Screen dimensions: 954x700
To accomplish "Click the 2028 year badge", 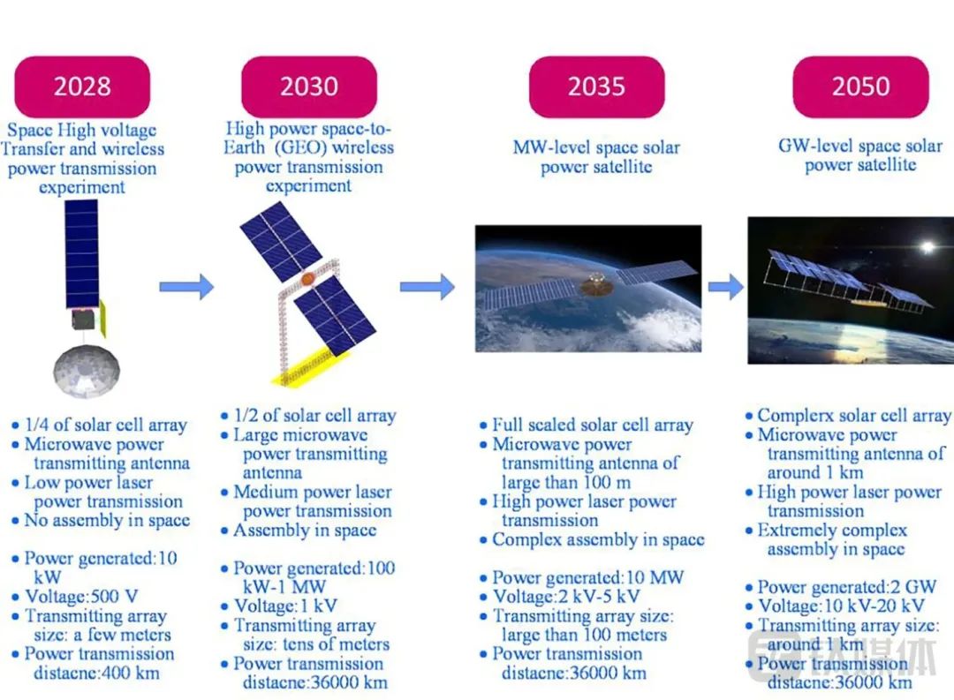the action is (x=82, y=87).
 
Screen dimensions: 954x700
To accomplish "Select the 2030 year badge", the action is (x=309, y=87).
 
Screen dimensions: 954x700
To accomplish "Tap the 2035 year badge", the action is (x=597, y=87).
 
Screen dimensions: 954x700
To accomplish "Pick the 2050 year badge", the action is (x=861, y=87).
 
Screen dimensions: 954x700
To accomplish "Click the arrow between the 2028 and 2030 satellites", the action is (x=186, y=287).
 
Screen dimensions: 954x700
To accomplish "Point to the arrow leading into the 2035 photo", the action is (x=428, y=287).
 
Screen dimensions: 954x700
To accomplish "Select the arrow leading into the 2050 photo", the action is (x=726, y=287).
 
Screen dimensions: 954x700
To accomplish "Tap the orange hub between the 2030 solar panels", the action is (x=308, y=279).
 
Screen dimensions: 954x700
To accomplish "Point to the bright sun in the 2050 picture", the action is (x=927, y=247).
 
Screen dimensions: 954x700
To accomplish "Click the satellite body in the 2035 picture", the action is (x=595, y=283).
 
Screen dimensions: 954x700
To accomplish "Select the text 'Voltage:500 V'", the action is (x=81, y=596).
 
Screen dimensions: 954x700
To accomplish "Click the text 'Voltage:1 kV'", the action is (x=285, y=606).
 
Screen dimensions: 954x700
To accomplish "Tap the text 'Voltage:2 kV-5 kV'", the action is (x=566, y=596).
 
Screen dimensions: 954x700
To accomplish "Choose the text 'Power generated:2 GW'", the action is (x=847, y=587).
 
